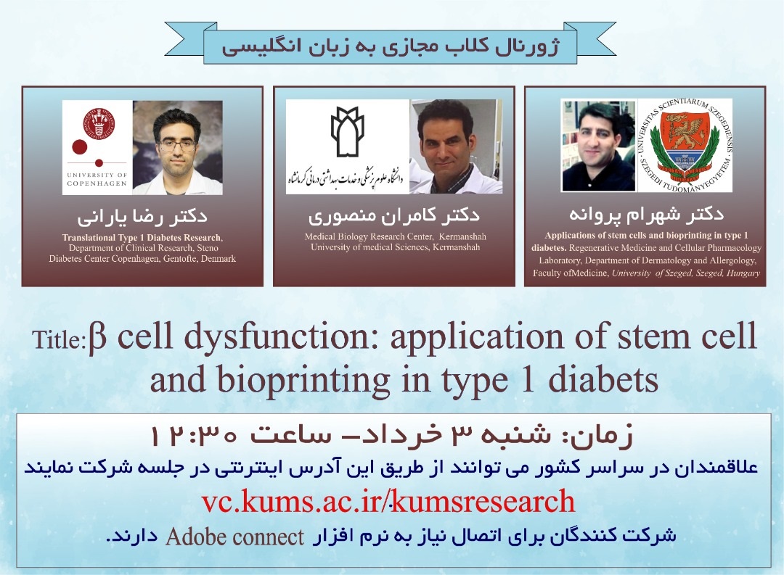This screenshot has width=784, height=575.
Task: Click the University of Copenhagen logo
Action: point(97,147)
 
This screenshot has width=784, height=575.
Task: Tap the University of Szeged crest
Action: point(685,145)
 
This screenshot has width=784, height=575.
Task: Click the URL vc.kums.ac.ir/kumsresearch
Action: point(388,501)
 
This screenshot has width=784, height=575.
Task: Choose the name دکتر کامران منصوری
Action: point(394,216)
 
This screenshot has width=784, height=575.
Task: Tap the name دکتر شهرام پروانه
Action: point(646,215)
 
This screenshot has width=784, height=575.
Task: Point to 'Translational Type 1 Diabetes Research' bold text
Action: point(142,237)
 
